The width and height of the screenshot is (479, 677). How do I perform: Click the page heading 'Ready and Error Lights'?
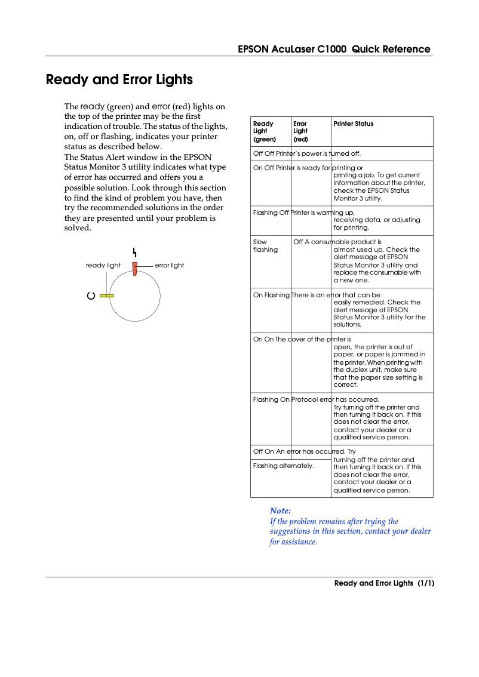[x=119, y=79]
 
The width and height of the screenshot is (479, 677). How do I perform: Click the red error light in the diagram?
[x=135, y=269]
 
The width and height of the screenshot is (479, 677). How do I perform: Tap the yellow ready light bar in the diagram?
[x=107, y=295]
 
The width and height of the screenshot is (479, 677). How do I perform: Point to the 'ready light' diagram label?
[x=103, y=265]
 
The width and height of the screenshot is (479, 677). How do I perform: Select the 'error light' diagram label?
[x=170, y=265]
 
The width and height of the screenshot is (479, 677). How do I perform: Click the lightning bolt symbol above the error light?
[x=135, y=251]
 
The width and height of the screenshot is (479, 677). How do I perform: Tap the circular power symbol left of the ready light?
[x=91, y=296]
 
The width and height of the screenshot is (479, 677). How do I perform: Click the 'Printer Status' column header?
[x=353, y=124]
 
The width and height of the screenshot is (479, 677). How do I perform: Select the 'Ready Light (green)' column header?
[x=264, y=131]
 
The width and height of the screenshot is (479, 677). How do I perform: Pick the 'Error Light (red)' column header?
[x=300, y=131]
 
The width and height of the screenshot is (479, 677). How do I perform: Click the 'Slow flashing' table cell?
[x=265, y=246]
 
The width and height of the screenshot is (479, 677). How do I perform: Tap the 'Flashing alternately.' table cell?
[x=283, y=466]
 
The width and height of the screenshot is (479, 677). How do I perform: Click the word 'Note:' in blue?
[x=280, y=510]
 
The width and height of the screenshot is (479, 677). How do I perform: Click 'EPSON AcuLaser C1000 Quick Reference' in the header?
[x=334, y=50]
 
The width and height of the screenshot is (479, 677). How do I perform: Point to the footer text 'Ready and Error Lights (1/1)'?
[x=383, y=583]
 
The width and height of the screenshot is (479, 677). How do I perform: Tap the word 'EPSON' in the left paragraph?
[x=198, y=157]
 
